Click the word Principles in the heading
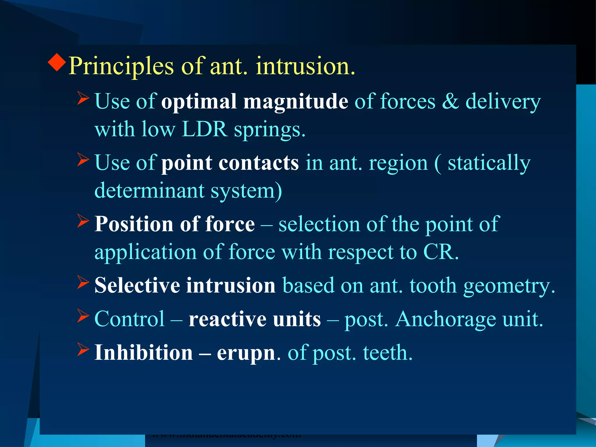tap(121, 66)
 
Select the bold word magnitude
tap(295, 102)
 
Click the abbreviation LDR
tap(204, 129)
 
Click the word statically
tap(489, 164)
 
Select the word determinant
tap(149, 191)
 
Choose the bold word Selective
tap(137, 285)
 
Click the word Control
tap(130, 319)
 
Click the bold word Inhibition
tap(143, 352)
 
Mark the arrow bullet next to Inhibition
tap(83, 350)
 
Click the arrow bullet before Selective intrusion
tap(83, 282)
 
